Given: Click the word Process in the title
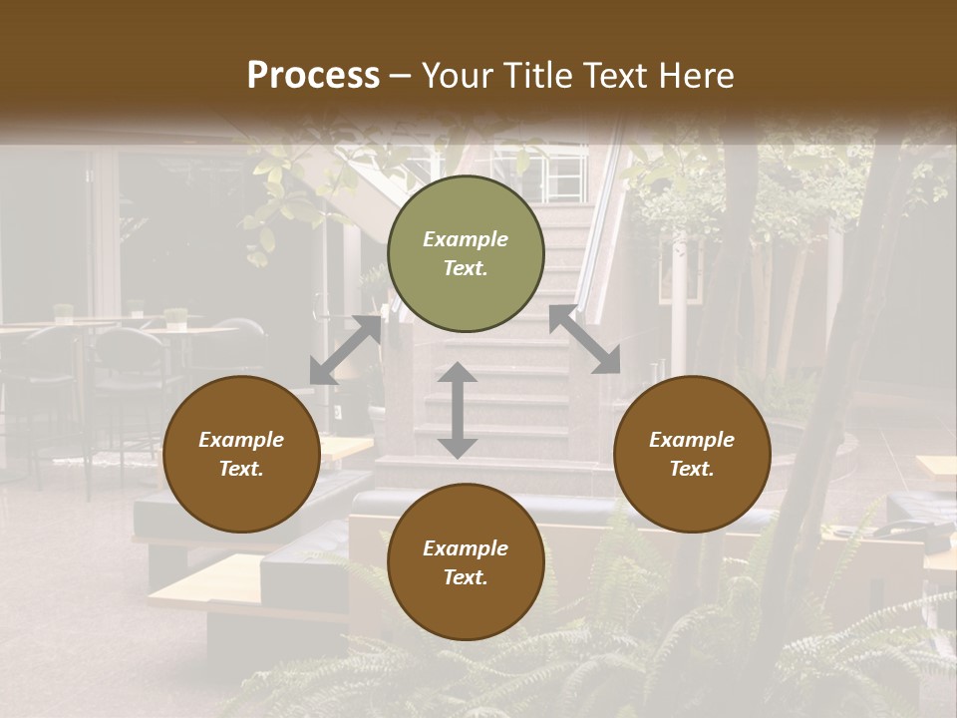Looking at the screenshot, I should click(313, 76).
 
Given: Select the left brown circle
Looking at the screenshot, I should click(241, 454).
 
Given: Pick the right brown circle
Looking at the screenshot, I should click(692, 454).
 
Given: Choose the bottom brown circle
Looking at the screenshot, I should click(466, 562).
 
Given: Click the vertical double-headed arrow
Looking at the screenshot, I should click(457, 410).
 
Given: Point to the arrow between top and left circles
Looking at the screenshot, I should click(345, 350).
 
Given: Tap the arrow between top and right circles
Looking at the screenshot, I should click(585, 339).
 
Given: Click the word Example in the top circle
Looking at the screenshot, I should click(466, 239).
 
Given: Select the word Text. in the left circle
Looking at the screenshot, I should click(241, 469).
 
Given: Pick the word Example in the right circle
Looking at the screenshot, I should click(692, 440).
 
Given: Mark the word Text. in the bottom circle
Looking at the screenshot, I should click(466, 577).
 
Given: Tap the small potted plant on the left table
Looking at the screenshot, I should click(175, 318).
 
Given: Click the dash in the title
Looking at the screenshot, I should click(400, 77).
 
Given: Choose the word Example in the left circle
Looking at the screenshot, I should click(241, 440).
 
